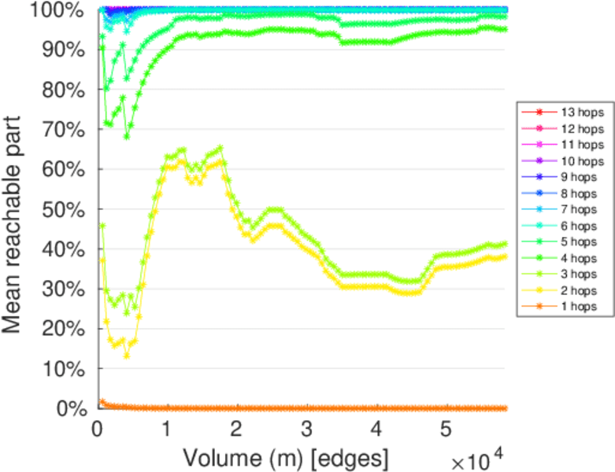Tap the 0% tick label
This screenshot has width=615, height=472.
[72, 409]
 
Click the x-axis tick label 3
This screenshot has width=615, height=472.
[306, 430]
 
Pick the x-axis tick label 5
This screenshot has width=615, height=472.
[445, 430]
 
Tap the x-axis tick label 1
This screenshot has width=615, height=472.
[166, 430]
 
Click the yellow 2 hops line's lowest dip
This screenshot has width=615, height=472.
[126, 356]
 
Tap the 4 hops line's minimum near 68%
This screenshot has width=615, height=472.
[126, 137]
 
